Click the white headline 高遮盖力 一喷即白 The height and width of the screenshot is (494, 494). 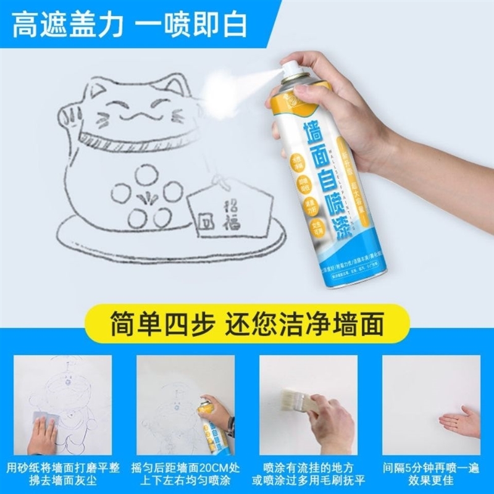130,24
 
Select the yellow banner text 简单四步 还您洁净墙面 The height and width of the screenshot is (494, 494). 247,323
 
